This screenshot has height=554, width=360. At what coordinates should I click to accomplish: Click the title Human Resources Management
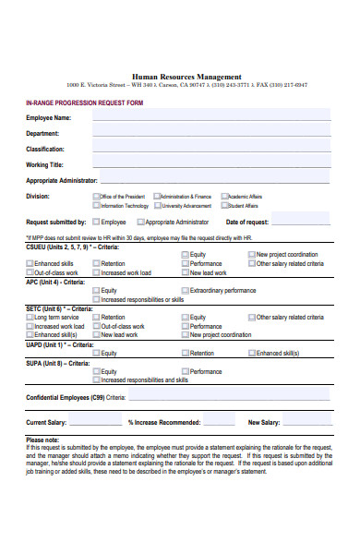186,77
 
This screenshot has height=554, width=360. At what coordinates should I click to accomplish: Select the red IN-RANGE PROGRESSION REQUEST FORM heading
84,102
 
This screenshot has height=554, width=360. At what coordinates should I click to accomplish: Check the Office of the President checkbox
97,196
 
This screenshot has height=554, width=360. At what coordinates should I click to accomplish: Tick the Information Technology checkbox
97,206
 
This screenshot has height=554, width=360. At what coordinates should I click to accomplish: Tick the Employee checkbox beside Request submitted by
96,222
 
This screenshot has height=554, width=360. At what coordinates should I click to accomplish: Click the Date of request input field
300,223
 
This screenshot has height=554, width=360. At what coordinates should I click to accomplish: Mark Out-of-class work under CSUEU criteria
30,273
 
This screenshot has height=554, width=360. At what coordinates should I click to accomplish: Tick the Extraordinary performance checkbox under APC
185,290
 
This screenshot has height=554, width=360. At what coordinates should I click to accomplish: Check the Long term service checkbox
30,317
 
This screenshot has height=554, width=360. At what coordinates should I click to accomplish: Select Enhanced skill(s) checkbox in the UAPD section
251,353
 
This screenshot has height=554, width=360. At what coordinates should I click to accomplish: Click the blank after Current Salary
96,422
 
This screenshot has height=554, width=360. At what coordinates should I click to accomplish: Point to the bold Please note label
42,440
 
